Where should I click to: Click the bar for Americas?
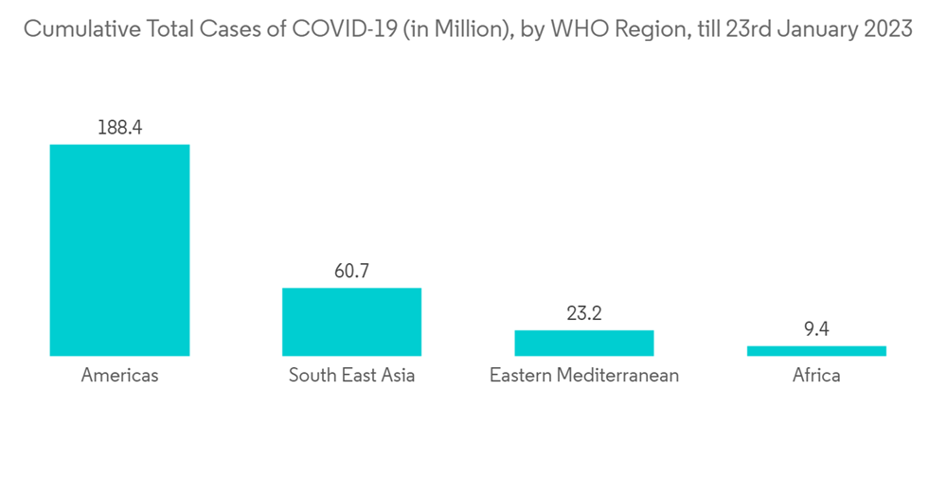[119, 250]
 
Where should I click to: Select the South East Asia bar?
[351, 322]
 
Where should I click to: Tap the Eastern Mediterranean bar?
[583, 343]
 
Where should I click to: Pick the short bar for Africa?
[816, 350]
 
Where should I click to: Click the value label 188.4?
[119, 127]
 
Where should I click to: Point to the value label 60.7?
[351, 271]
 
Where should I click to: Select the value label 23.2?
[583, 312]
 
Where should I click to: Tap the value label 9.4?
[816, 328]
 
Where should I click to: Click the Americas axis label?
[119, 376]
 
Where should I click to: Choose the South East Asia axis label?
[351, 376]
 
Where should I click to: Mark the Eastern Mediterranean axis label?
[583, 376]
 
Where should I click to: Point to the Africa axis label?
[816, 376]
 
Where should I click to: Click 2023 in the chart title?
[885, 29]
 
